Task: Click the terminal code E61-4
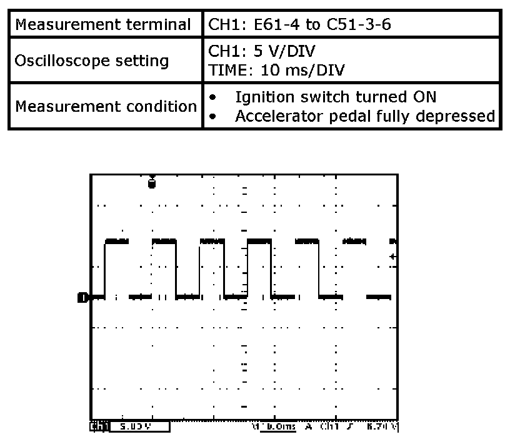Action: coord(262,26)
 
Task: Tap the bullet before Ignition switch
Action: coord(214,98)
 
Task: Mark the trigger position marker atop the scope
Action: coord(151,182)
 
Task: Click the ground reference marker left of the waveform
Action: coord(82,297)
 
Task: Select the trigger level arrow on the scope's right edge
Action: coord(393,256)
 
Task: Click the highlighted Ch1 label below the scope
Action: coord(99,427)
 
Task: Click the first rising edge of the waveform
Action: coord(105,268)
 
